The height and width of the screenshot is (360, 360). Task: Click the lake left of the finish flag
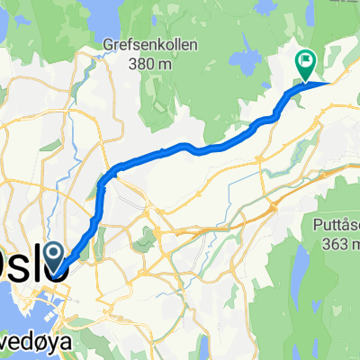coord(244,62)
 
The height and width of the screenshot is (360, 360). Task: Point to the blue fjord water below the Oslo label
coord(18,310)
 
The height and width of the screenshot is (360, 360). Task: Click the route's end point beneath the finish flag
coord(307,83)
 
